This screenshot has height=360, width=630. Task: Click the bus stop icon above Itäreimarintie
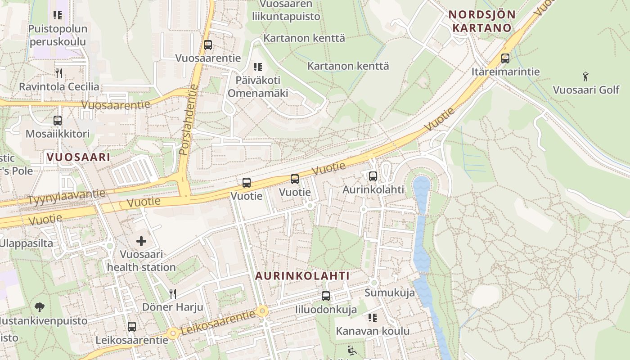coord(505,58)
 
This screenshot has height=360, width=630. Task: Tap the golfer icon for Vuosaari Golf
coord(585,76)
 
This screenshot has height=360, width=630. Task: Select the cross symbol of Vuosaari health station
coord(141,242)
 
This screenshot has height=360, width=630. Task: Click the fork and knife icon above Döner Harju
coord(173,294)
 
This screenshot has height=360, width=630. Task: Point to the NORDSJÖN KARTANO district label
coord(482,21)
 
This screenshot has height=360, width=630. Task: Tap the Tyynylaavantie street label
coord(67,197)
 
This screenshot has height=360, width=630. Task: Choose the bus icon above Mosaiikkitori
coord(58,121)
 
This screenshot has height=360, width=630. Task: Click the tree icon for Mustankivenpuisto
coord(40,308)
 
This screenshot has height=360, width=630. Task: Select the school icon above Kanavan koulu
coord(373,318)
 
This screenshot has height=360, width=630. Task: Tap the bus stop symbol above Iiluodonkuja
coord(326,296)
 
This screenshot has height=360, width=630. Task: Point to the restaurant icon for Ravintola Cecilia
coord(58,73)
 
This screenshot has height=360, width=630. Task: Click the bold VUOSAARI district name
coord(78,157)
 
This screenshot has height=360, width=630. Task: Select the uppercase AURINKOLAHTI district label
coord(302,276)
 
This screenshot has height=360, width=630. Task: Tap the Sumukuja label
coord(390,293)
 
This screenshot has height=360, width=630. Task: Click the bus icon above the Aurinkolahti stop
coord(373,176)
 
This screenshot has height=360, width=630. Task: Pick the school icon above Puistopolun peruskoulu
coord(58,16)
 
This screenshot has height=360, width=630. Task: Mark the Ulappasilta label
coord(27,243)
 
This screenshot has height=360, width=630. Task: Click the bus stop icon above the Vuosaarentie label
coord(207,45)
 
